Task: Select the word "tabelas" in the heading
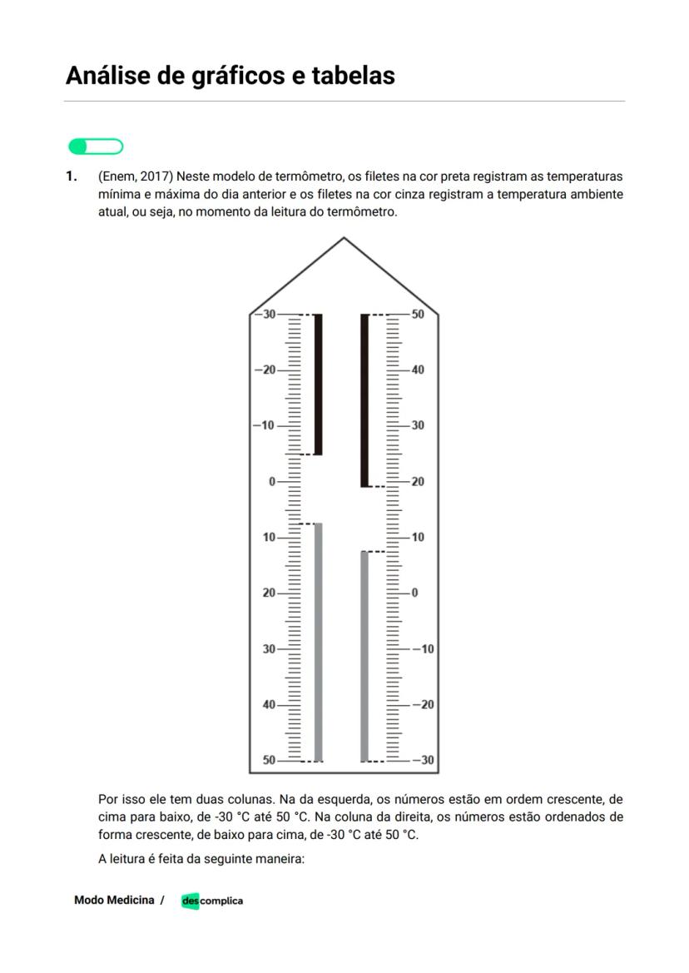coord(353,76)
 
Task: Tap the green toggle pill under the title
coord(96,147)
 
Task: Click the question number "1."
coord(72,176)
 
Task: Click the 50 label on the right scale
coord(418,314)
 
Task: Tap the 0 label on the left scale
coord(271,482)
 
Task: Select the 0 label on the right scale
coord(414,593)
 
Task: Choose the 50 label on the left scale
coord(269,760)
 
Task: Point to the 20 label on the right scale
coord(418,482)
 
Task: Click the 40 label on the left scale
coord(269,705)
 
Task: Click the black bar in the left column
coord(318,383)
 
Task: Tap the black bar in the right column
coord(364,400)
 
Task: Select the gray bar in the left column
coord(318,641)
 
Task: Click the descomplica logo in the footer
coord(212,901)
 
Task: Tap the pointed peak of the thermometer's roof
coord(344,239)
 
